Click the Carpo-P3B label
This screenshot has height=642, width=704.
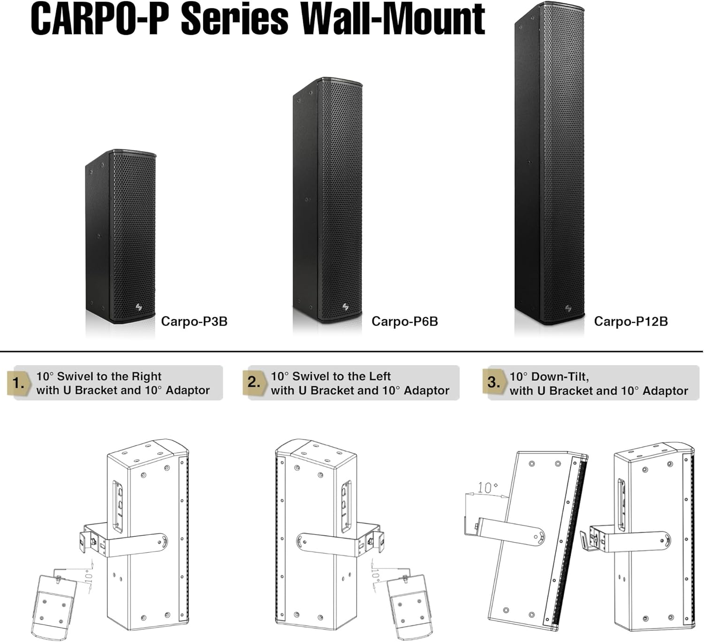(x=194, y=321)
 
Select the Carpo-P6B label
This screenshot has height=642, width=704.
(x=405, y=321)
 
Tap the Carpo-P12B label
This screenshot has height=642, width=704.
(x=630, y=321)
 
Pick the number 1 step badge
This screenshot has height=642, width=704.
(x=18, y=383)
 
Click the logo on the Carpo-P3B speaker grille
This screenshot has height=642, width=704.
(x=139, y=307)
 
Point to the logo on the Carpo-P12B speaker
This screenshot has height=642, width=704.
(x=568, y=308)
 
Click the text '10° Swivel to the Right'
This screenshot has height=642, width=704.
(x=99, y=376)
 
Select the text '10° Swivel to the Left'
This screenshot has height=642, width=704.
(x=331, y=376)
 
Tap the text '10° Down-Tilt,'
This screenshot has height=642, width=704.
(x=549, y=376)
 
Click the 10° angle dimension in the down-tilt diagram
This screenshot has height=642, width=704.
(x=488, y=488)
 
